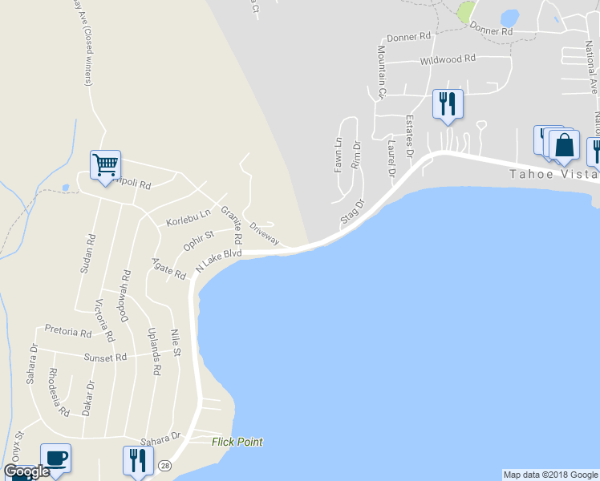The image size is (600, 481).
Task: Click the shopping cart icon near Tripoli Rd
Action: click(105, 165)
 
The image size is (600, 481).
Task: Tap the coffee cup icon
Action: click(55, 458)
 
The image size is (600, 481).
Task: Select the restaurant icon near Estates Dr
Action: click(448, 104)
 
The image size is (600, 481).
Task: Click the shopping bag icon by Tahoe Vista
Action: click(565, 145)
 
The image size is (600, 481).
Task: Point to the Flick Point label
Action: click(237, 442)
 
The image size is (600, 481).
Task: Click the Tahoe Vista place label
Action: click(554, 174)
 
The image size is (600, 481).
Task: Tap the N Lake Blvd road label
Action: click(218, 259)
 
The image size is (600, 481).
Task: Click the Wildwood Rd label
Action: click(448, 59)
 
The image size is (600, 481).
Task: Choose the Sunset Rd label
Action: click(108, 358)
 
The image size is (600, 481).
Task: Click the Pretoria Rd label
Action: click(68, 331)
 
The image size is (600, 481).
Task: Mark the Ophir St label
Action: click(198, 240)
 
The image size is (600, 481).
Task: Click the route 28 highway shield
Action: click(164, 465)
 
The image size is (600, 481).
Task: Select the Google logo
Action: click(26, 471)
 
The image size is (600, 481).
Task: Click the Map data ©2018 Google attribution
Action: click(550, 475)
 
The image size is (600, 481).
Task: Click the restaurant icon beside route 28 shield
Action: click(136, 461)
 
